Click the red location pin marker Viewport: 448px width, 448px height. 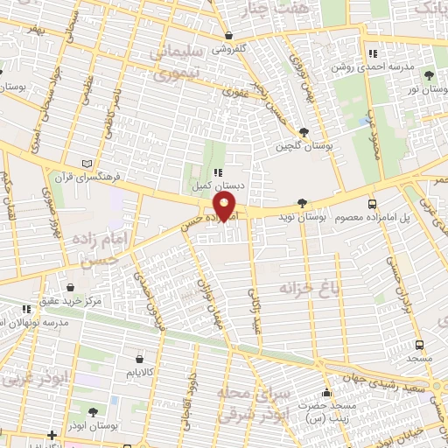(226, 207)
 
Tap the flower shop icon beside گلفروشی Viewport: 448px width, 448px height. (228, 36)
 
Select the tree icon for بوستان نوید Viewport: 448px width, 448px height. (302, 202)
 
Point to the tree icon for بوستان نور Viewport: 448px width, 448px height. (428, 75)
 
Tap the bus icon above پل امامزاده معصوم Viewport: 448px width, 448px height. (373, 202)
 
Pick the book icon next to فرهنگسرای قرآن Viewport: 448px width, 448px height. (85, 163)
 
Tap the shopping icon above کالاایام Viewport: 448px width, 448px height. (141, 358)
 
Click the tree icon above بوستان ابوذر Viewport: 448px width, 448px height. (94, 411)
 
